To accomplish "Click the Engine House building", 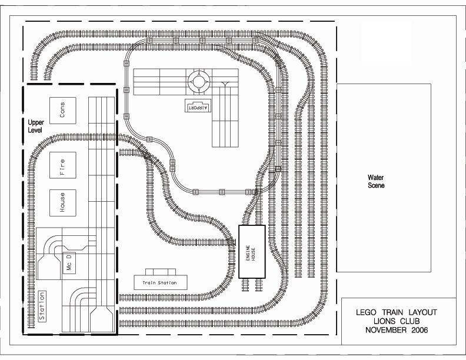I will point(252,252).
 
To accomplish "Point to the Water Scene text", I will point(375,181).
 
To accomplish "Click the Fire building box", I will point(62,164).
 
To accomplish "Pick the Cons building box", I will point(62,110).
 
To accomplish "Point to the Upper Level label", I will point(36,126).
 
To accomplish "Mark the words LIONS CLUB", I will point(400,321).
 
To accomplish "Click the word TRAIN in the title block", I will point(395,312).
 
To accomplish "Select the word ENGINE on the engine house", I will point(248,252).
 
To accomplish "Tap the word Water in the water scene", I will point(375,177).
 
